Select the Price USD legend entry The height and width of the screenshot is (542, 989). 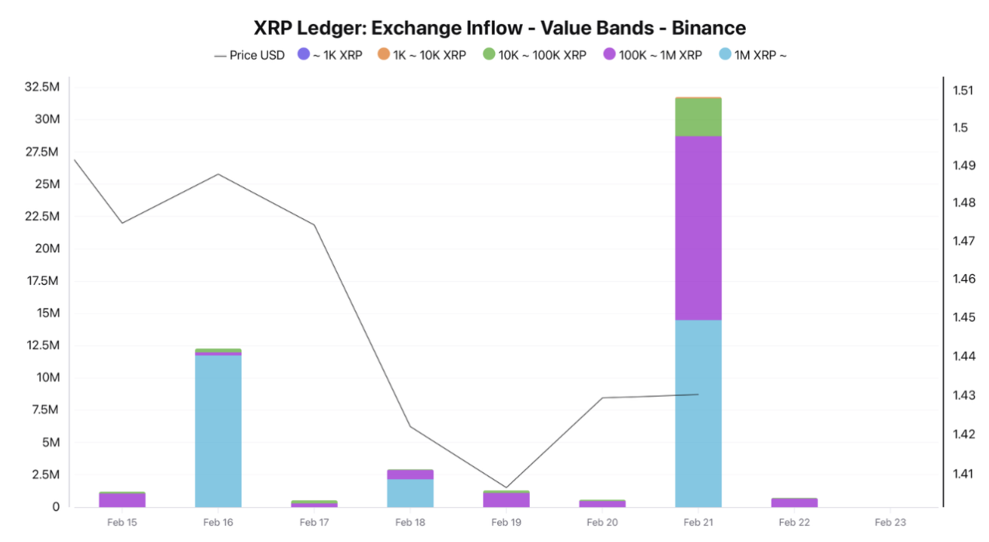click(x=249, y=55)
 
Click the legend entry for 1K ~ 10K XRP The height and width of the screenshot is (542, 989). click(x=421, y=55)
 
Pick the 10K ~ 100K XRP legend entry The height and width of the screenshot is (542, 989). click(x=534, y=55)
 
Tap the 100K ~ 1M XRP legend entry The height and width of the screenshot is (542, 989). click(x=653, y=55)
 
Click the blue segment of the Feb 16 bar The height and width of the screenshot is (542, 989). click(x=218, y=431)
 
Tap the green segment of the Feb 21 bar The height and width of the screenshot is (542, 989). click(x=698, y=117)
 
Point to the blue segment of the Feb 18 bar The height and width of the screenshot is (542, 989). click(x=410, y=493)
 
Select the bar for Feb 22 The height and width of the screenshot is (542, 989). click(x=794, y=502)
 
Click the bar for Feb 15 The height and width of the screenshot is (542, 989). click(x=122, y=499)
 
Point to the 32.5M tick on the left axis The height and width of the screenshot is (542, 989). click(x=42, y=86)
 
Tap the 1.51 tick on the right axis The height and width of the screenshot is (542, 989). click(x=963, y=90)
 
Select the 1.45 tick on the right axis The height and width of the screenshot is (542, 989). click(x=963, y=318)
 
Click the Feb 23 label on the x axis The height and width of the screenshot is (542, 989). click(x=890, y=523)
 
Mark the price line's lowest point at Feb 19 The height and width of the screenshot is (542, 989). click(x=506, y=488)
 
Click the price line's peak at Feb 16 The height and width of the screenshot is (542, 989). click(x=218, y=174)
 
